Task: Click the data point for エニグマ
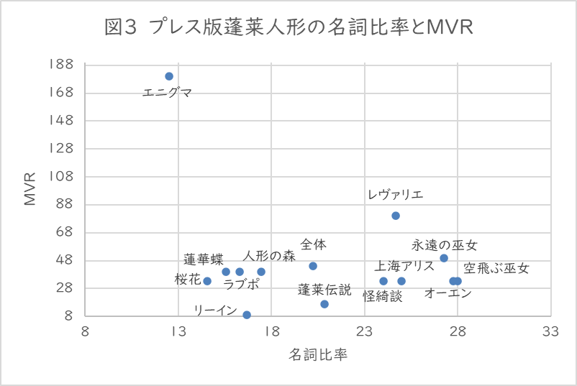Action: click(169, 76)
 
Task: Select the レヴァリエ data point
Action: click(395, 216)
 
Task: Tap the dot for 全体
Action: click(313, 266)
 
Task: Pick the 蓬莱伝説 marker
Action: click(324, 304)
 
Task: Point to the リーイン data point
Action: click(247, 315)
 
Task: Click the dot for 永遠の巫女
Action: click(444, 258)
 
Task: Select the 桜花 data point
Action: click(207, 281)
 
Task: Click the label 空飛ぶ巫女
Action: click(496, 269)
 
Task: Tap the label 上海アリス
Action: click(404, 266)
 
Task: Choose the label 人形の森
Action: click(269, 256)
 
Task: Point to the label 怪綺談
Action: click(382, 295)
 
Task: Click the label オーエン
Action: click(447, 293)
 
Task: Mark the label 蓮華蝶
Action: click(203, 259)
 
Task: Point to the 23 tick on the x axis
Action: click(365, 331)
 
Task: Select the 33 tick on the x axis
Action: click(550, 331)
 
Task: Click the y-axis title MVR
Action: click(30, 190)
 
